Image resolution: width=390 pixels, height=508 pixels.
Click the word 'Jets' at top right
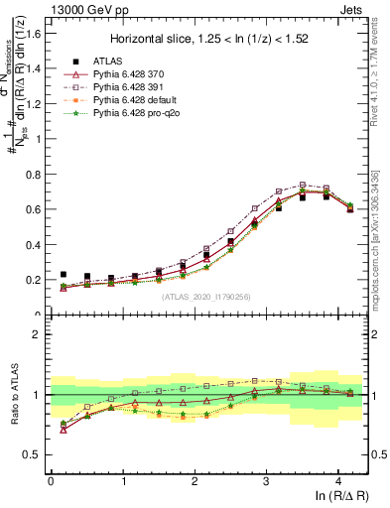(x=354, y=9)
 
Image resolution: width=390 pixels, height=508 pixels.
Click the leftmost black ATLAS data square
(x=64, y=275)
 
